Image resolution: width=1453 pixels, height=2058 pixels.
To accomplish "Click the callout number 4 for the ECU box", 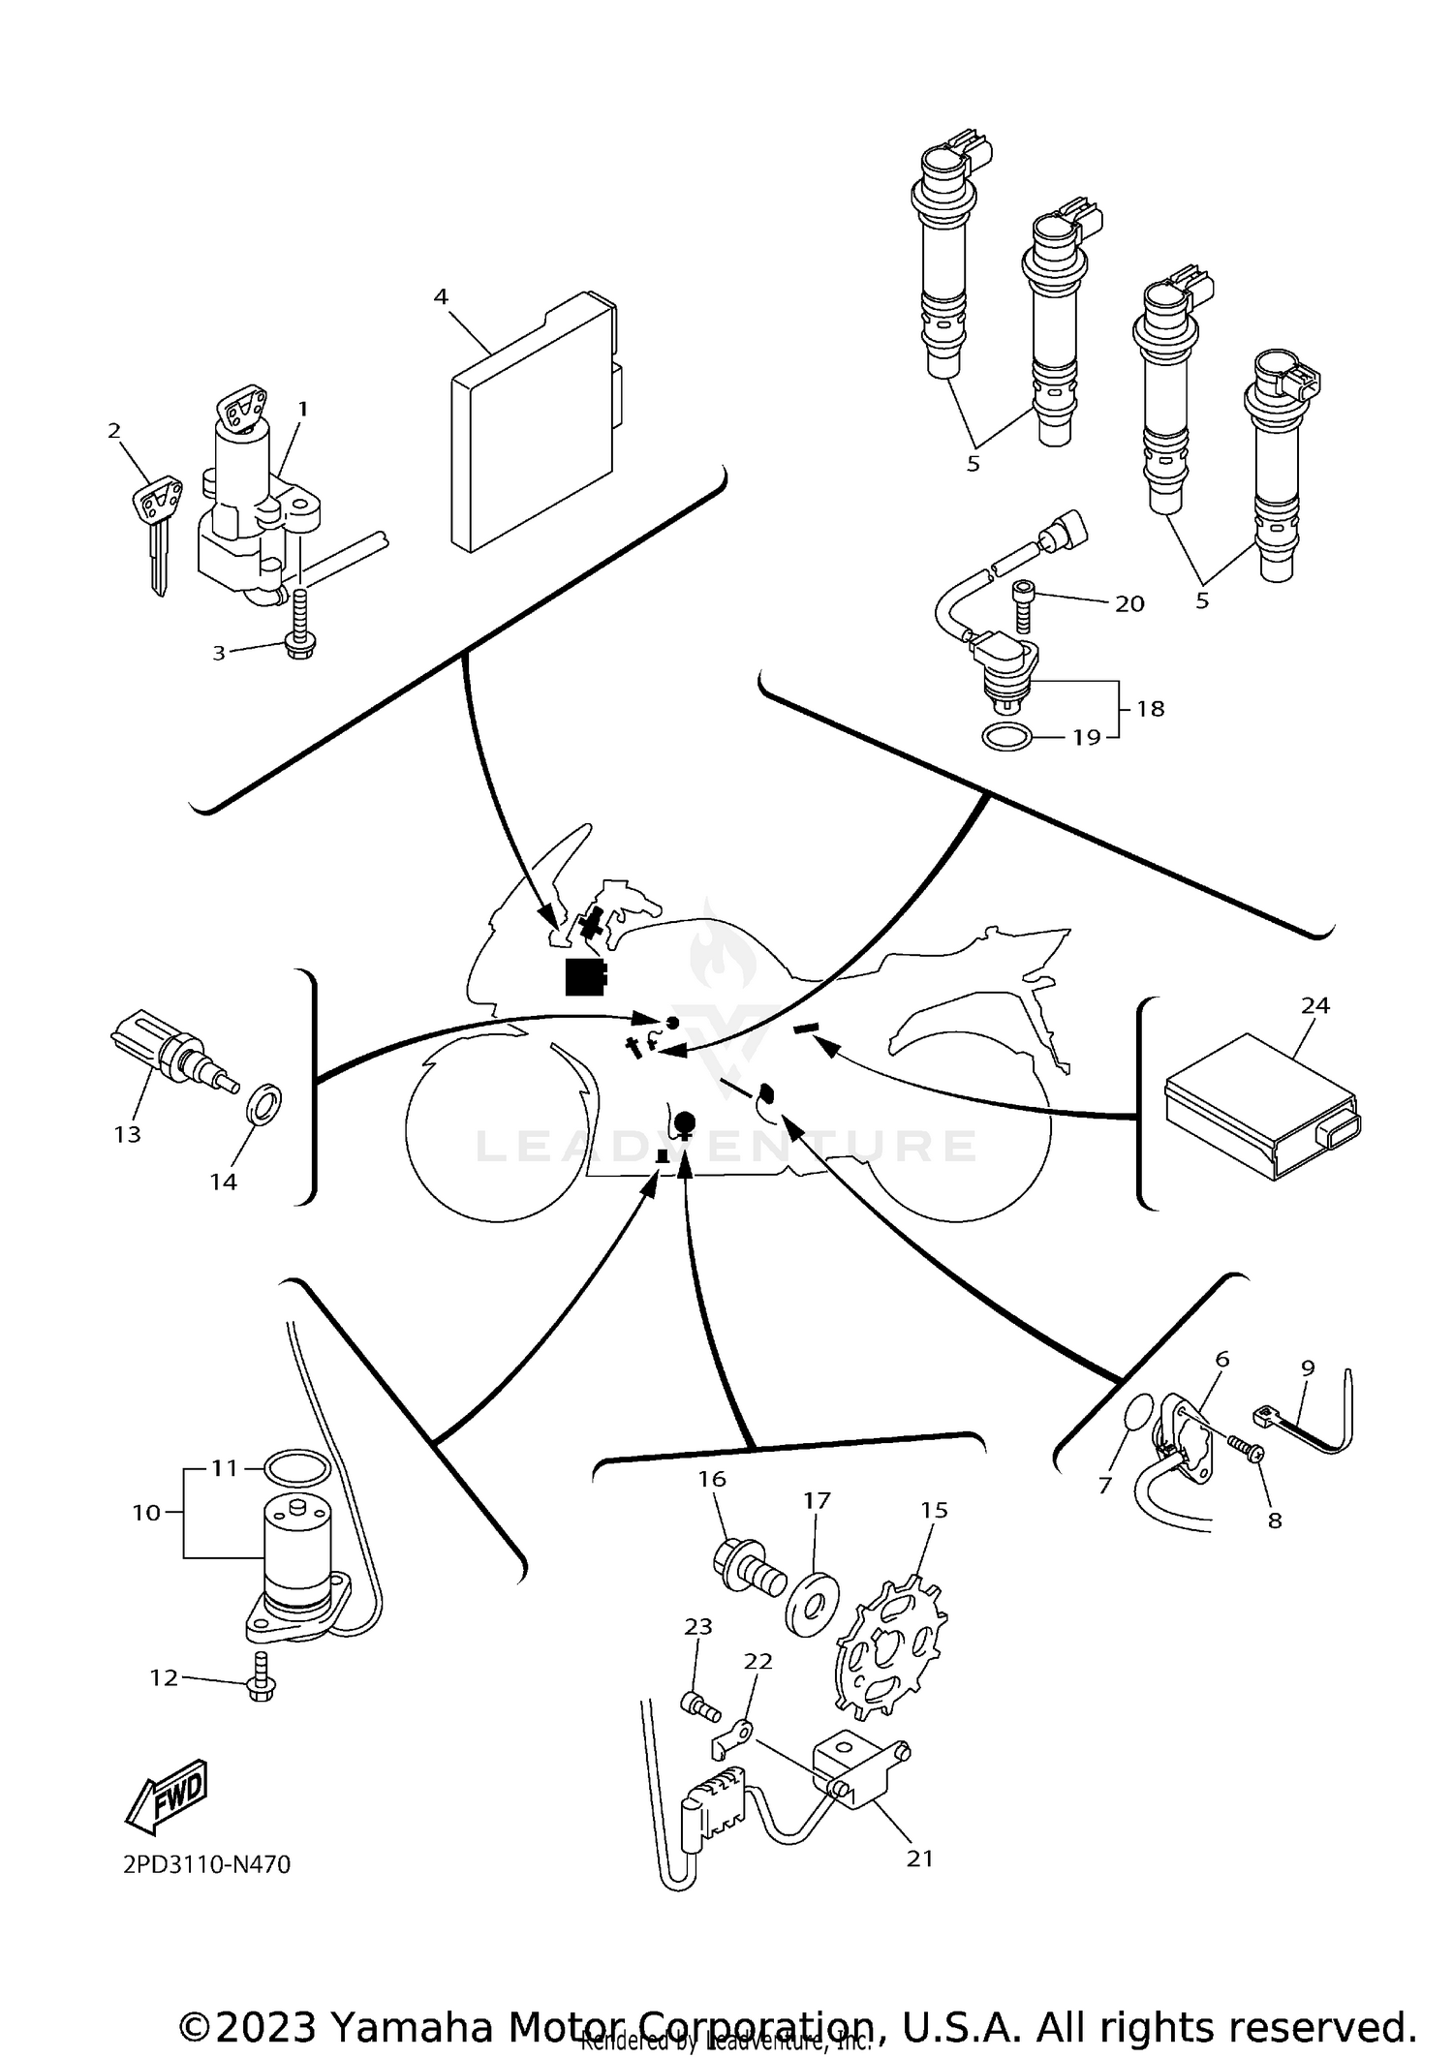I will pos(441,297).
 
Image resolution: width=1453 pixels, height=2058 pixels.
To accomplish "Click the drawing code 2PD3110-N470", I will pos(206,1864).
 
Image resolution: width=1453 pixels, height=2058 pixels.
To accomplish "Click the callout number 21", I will pos(919,1858).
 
